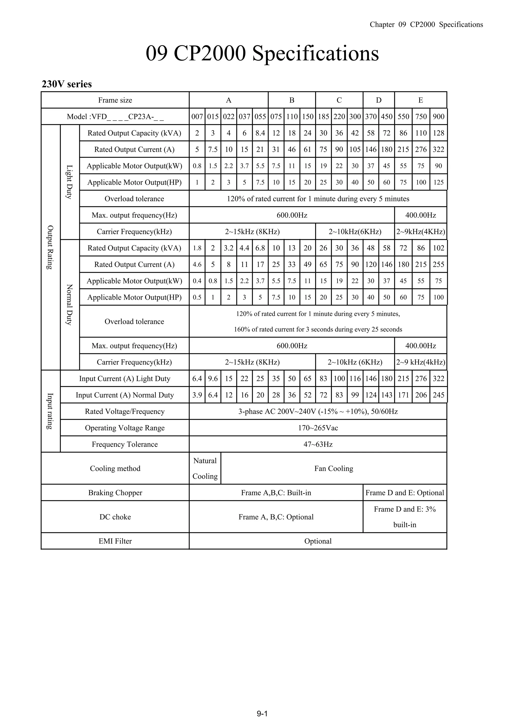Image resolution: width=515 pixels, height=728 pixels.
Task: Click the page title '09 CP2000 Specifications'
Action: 262,53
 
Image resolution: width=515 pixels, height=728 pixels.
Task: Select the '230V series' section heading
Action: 67,84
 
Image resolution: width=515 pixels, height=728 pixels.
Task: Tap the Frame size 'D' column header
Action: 378,100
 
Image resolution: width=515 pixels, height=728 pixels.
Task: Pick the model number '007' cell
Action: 197,117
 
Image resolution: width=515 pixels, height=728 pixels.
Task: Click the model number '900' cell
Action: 438,117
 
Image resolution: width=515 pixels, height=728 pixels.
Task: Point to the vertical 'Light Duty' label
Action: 69,182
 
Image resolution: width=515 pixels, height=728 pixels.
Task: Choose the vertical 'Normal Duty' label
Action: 69,304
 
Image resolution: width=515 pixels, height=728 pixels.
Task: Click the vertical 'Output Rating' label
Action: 50,247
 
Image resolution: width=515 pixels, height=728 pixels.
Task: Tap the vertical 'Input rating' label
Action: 50,411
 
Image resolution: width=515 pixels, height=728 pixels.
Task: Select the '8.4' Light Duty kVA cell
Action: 260,133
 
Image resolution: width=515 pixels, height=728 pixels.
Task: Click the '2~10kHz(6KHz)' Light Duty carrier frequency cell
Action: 355,232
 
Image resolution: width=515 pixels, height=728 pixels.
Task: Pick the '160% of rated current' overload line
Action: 318,329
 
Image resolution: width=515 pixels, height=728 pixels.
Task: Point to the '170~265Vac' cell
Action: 318,428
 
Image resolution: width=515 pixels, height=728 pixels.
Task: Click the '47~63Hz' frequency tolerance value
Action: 318,445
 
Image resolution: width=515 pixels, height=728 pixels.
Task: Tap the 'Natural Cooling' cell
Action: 205,468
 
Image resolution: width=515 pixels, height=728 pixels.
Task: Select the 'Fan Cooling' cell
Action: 333,469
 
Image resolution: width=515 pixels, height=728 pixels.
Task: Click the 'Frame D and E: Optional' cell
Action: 405,493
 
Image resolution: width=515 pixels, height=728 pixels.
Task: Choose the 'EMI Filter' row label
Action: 115,541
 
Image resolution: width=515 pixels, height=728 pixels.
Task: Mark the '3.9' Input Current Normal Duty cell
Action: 197,395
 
